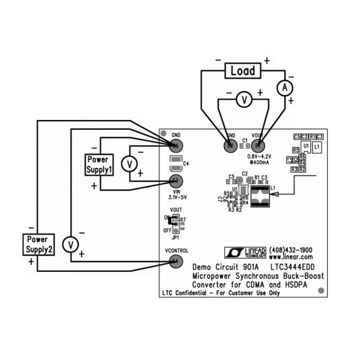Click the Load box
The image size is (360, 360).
pyautogui.click(x=242, y=71)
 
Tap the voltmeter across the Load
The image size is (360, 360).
pyautogui.click(x=243, y=101)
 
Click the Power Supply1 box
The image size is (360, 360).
pyautogui.click(x=98, y=164)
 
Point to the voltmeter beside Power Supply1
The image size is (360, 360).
pyautogui.click(x=128, y=163)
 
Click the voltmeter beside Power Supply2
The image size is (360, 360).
pyautogui.click(x=71, y=244)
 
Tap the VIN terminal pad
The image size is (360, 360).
pyautogui.click(x=176, y=181)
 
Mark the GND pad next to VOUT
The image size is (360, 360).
pyautogui.click(x=230, y=145)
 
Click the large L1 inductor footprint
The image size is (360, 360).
pyautogui.click(x=259, y=196)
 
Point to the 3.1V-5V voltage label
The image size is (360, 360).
pyautogui.click(x=175, y=197)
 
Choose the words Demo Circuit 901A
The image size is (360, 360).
pyautogui.click(x=225, y=266)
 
